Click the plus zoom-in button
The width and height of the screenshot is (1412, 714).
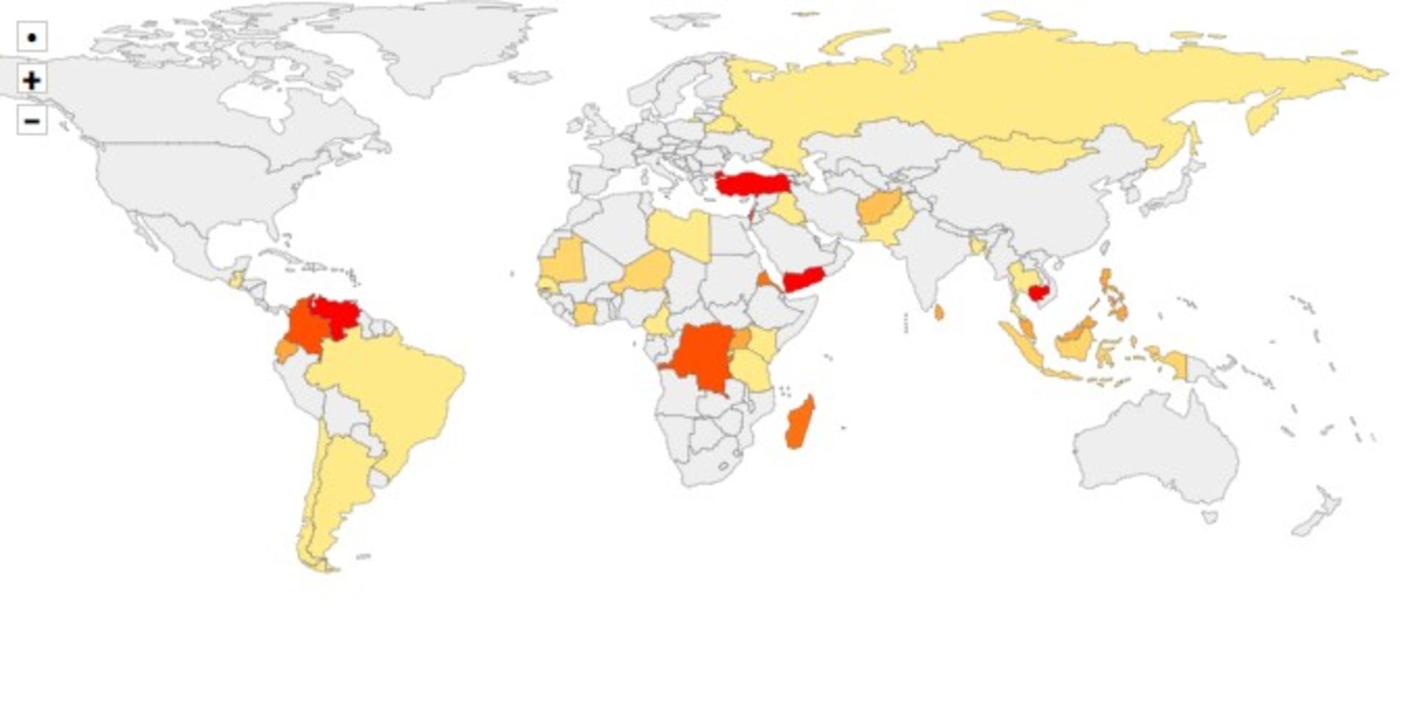(x=32, y=79)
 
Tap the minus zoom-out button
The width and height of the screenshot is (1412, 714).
(x=32, y=121)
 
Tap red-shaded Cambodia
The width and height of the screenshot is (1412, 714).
(x=1038, y=293)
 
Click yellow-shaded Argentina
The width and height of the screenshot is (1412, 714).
(x=335, y=485)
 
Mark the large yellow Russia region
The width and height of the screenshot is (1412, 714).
(x=1030, y=88)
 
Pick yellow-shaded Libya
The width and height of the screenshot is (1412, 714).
(x=678, y=232)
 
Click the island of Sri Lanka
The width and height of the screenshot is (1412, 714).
(x=939, y=313)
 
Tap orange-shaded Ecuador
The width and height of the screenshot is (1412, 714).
(x=285, y=351)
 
